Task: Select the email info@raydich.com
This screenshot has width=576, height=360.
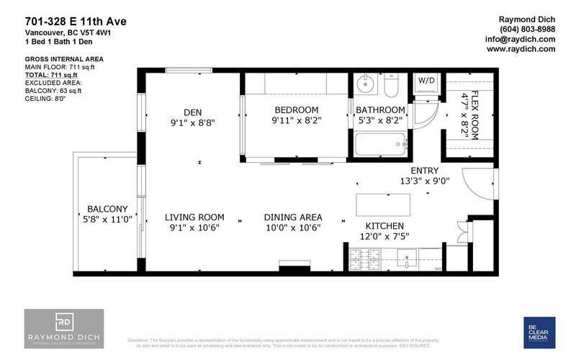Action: [521, 40]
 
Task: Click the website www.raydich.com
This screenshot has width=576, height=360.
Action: [521, 50]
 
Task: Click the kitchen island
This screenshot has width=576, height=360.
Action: [383, 204]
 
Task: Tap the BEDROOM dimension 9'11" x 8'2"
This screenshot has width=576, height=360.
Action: [296, 122]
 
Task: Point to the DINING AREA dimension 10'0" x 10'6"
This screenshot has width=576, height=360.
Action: [292, 228]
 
